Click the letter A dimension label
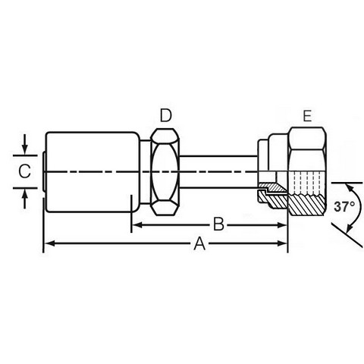(x=199, y=243)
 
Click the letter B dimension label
(x=218, y=224)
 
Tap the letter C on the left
(x=24, y=171)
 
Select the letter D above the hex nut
(x=165, y=115)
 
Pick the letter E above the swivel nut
(x=307, y=116)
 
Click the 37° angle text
(x=344, y=207)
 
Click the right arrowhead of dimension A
(x=282, y=243)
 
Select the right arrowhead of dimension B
(x=282, y=225)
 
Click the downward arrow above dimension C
(x=24, y=144)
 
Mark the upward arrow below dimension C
(x=24, y=199)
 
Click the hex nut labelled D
(x=165, y=172)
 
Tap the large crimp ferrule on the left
(x=93, y=172)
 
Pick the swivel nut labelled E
(x=307, y=171)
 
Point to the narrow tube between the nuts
(x=218, y=172)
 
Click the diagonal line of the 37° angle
(x=347, y=235)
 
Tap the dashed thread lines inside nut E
(x=306, y=183)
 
